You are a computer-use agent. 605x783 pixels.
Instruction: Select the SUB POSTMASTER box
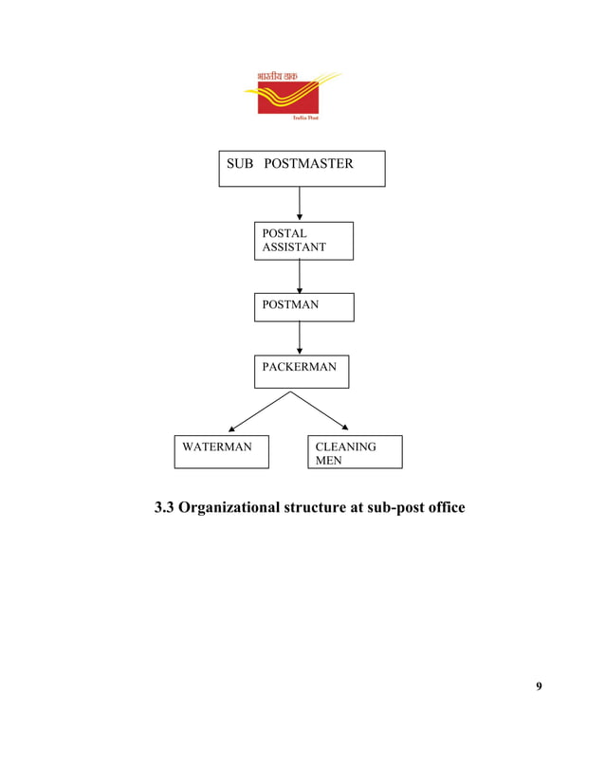point(302,168)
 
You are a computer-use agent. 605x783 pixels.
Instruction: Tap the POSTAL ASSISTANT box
point(303,240)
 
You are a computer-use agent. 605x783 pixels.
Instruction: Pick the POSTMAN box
point(303,306)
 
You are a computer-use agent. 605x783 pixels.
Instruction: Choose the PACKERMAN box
point(302,372)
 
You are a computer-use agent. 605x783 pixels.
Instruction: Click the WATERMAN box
point(221,452)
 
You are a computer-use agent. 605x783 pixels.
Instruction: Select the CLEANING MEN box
point(355,452)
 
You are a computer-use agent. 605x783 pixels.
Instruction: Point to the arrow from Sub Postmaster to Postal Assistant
point(300,204)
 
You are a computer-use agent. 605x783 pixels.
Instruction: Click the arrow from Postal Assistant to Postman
point(300,276)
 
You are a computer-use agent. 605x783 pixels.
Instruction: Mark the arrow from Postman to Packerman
point(300,338)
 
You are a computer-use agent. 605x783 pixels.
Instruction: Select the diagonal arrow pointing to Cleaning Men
point(325,412)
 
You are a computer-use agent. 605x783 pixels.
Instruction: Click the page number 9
point(539,686)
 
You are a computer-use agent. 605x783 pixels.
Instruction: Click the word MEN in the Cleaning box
point(329,461)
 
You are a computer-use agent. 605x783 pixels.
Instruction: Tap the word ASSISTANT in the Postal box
point(294,247)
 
